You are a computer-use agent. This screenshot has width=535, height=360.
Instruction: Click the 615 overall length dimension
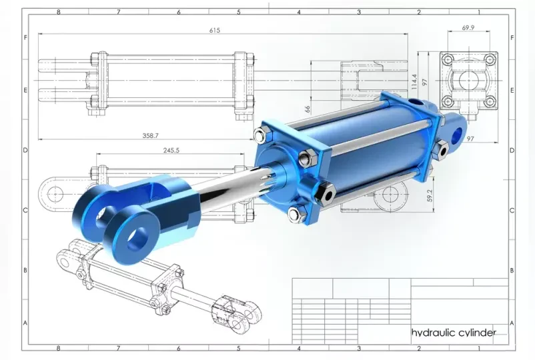tap(215, 31)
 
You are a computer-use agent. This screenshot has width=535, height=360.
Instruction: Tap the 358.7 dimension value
tap(151, 136)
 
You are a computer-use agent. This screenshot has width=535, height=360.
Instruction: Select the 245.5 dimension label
tap(171, 150)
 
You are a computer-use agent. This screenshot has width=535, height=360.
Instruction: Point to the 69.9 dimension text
tap(468, 27)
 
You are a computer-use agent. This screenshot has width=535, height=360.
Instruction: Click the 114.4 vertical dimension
tap(414, 82)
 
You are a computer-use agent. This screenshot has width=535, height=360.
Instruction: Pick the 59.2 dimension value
tap(430, 195)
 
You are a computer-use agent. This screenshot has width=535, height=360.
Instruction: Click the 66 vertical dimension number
tap(308, 109)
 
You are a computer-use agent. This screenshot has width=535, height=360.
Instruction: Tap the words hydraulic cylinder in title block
tap(454, 333)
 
